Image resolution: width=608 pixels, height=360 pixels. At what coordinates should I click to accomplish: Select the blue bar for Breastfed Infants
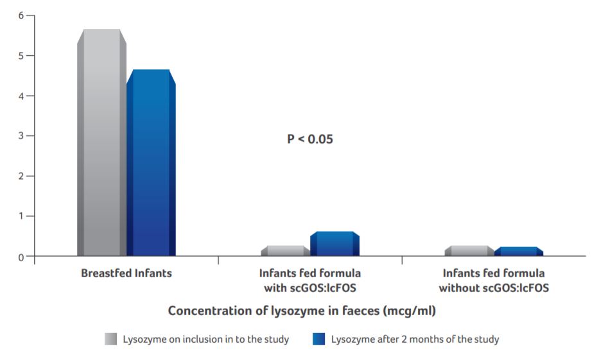coord(151,163)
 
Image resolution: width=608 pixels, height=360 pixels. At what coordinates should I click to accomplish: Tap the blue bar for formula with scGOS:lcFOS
coord(334,244)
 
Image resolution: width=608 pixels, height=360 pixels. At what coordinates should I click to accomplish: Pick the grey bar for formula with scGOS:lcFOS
coord(285,251)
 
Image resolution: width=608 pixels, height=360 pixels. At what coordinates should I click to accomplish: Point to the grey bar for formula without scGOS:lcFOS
coord(469,251)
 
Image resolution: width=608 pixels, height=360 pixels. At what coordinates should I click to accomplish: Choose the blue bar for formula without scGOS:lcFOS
coord(519,252)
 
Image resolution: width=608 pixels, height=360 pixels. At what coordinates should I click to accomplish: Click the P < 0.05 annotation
coord(309,139)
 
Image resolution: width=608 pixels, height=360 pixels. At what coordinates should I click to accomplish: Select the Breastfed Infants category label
coord(126,273)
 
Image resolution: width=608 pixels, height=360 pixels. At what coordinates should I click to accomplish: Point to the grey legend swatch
coord(111,339)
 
